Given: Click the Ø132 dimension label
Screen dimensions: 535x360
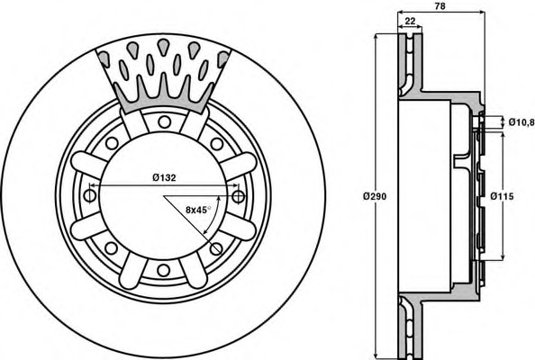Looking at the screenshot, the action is coord(164,177).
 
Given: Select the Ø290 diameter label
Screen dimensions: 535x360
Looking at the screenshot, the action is coord(375,196).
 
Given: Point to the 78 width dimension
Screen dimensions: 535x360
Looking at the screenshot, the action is coord(440,6).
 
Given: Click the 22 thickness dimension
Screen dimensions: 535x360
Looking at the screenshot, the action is coord(410,21).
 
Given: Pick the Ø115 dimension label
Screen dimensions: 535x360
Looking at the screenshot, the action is coord(502,196).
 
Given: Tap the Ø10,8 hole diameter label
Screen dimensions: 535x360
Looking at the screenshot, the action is coord(521,121).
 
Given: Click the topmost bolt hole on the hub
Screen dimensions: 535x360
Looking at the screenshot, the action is coord(164,121).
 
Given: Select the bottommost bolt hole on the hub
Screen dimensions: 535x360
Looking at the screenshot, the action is coord(163,270).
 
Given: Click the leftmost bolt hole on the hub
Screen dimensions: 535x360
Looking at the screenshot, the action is coord(90,195).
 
